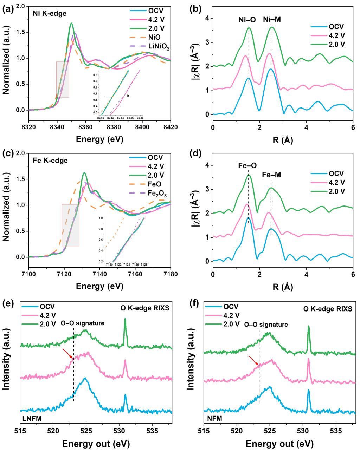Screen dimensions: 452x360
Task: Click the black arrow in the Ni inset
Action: (x=117, y=96)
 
